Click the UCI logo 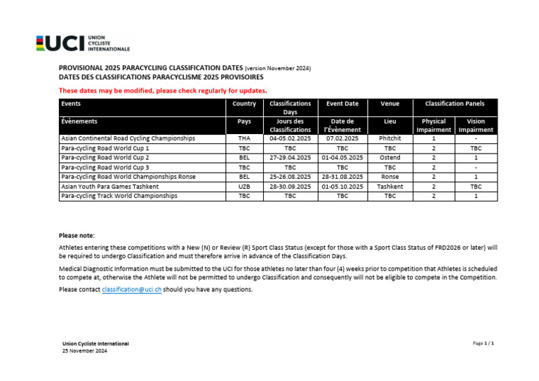tap(83, 44)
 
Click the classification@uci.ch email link tap(131, 289)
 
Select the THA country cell tap(244, 139)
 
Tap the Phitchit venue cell tap(390, 139)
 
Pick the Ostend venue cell tap(390, 158)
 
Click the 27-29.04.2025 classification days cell tap(290, 158)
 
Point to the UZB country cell tap(244, 187)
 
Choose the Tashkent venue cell tap(390, 187)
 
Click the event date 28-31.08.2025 tap(342, 178)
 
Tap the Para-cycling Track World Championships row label tap(119, 196)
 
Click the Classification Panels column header tap(455, 104)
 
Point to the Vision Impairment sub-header tap(476, 126)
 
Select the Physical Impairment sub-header tap(434, 126)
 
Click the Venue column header tap(390, 104)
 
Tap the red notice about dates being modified tap(162, 91)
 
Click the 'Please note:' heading tap(76, 236)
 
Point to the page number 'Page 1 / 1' tap(484, 343)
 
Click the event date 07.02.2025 tap(342, 139)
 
